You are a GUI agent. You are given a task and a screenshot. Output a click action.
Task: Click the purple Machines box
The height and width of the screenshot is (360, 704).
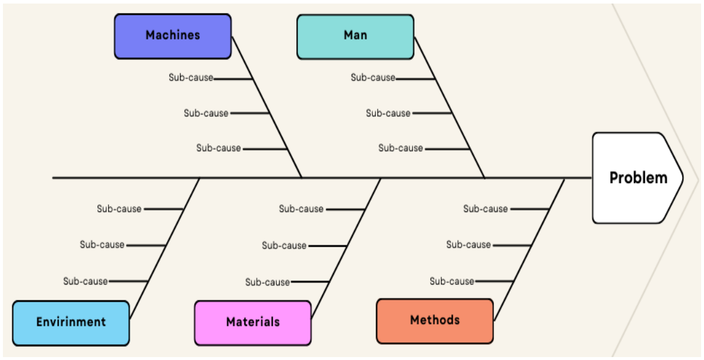click(x=173, y=37)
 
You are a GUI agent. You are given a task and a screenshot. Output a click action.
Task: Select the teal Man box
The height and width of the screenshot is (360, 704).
click(x=355, y=37)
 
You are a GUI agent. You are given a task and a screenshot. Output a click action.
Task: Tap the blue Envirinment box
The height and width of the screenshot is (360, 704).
click(x=71, y=323)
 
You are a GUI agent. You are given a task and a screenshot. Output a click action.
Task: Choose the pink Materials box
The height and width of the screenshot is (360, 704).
click(x=253, y=323)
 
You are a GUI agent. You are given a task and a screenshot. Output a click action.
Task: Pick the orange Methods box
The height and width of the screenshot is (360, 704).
click(x=435, y=322)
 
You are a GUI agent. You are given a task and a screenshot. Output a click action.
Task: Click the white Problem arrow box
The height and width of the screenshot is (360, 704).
click(x=637, y=178)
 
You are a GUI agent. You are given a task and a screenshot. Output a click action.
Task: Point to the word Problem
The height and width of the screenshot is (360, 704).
click(x=638, y=178)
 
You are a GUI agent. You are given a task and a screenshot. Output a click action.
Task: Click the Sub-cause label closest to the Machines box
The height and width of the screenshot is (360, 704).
click(x=191, y=78)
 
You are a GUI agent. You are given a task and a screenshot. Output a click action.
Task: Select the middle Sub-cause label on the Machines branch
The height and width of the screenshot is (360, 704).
click(x=206, y=113)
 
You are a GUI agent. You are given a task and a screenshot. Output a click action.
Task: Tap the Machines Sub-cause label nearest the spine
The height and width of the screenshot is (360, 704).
click(x=219, y=148)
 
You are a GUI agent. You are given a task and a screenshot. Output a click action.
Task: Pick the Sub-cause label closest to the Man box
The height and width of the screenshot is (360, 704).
click(x=373, y=78)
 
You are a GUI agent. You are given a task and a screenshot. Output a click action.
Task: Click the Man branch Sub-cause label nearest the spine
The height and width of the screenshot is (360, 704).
click(x=401, y=148)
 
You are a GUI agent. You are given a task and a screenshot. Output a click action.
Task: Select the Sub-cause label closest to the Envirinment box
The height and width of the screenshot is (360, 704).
click(x=86, y=282)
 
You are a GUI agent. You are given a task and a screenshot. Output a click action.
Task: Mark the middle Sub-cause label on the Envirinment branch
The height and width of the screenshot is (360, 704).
click(x=102, y=245)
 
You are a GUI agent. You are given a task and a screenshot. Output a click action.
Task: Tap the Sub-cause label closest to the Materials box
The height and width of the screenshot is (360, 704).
click(x=267, y=282)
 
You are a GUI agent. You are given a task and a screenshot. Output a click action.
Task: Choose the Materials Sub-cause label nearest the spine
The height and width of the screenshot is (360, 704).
click(x=302, y=209)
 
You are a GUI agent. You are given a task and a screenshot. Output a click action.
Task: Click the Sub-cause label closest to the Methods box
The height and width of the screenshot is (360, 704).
click(x=451, y=282)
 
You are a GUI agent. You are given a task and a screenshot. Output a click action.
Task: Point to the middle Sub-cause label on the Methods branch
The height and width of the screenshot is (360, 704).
click(x=469, y=245)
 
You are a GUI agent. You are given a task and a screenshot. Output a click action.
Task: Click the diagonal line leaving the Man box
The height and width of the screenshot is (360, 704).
click(x=450, y=108)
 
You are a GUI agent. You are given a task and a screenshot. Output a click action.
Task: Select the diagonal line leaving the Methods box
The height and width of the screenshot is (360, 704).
click(x=529, y=250)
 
